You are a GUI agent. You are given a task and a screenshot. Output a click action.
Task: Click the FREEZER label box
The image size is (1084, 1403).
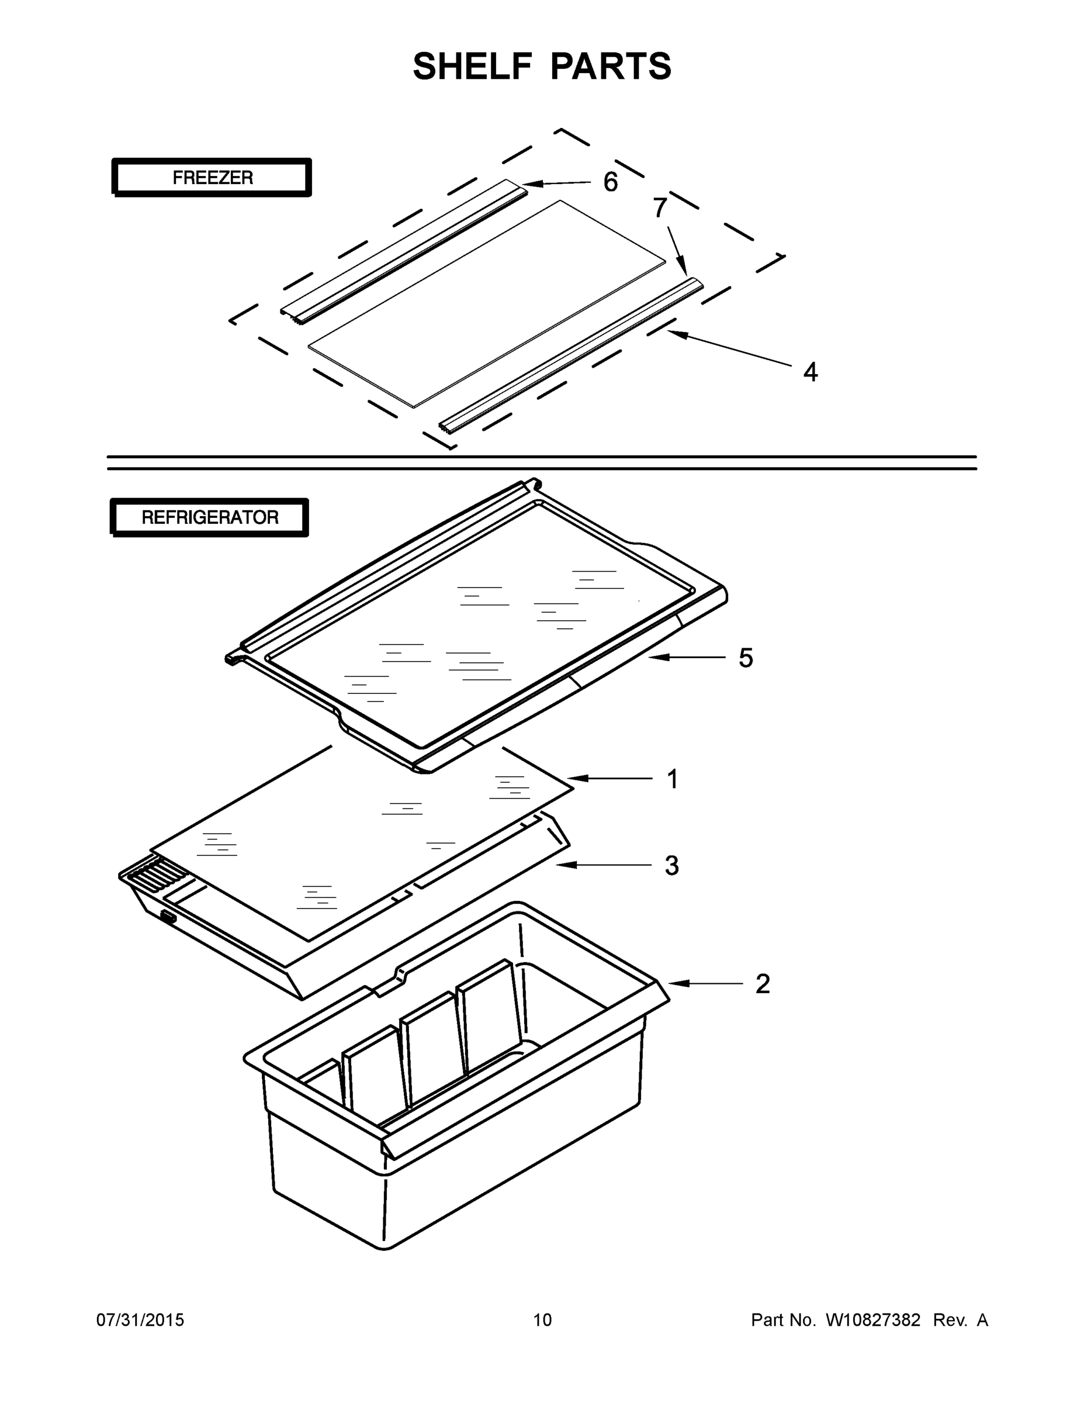(212, 177)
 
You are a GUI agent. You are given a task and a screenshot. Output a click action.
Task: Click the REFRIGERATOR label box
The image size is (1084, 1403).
(209, 517)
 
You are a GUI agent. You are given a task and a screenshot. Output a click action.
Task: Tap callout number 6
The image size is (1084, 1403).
(610, 182)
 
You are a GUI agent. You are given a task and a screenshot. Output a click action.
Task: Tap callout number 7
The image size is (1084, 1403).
(660, 208)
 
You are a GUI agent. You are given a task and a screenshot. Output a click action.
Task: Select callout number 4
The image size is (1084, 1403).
(811, 372)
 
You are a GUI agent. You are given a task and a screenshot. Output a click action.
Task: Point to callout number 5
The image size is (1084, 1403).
(745, 658)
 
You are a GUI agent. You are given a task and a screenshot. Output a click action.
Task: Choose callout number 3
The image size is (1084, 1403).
(671, 866)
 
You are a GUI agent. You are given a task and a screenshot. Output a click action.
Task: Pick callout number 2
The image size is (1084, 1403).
(762, 983)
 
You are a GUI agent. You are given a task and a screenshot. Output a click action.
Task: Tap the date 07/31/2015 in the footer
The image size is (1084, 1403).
(140, 1320)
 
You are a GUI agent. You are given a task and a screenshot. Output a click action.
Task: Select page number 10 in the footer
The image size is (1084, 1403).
(542, 1320)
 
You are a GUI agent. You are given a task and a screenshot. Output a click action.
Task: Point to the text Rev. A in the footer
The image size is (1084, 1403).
(960, 1320)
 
